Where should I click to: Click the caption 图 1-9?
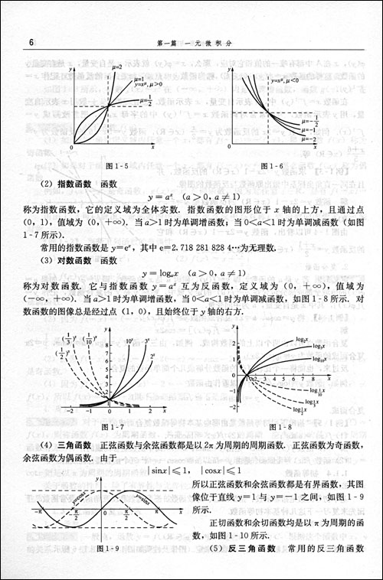click(112, 548)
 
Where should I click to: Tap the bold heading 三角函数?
click(68, 446)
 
